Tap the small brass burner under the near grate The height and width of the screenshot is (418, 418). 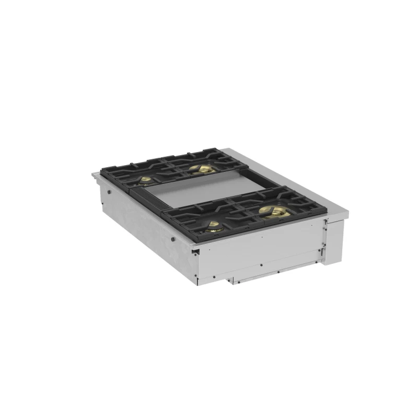pos(214,226)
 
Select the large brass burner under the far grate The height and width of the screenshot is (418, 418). pos(202,169)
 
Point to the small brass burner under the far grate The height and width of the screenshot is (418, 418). pos(147,180)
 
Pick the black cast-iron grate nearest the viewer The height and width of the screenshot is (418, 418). pos(246,214)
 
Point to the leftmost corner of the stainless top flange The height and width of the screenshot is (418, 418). pos(93,175)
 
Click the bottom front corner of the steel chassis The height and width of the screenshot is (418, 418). pos(198,285)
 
